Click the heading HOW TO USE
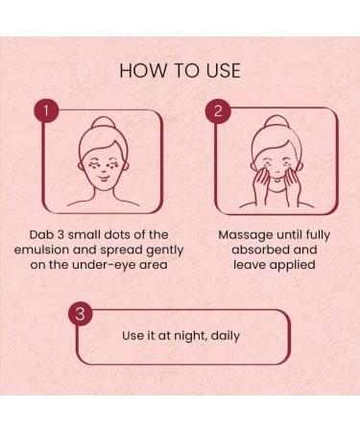180,71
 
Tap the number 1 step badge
46,111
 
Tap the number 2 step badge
218,111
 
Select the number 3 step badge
80,314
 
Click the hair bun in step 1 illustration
103,123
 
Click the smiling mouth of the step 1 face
104,178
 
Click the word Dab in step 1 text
40,235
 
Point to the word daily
226,336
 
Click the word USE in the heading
223,71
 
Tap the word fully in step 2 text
318,235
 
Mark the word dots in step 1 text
118,235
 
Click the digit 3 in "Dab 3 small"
60,235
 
